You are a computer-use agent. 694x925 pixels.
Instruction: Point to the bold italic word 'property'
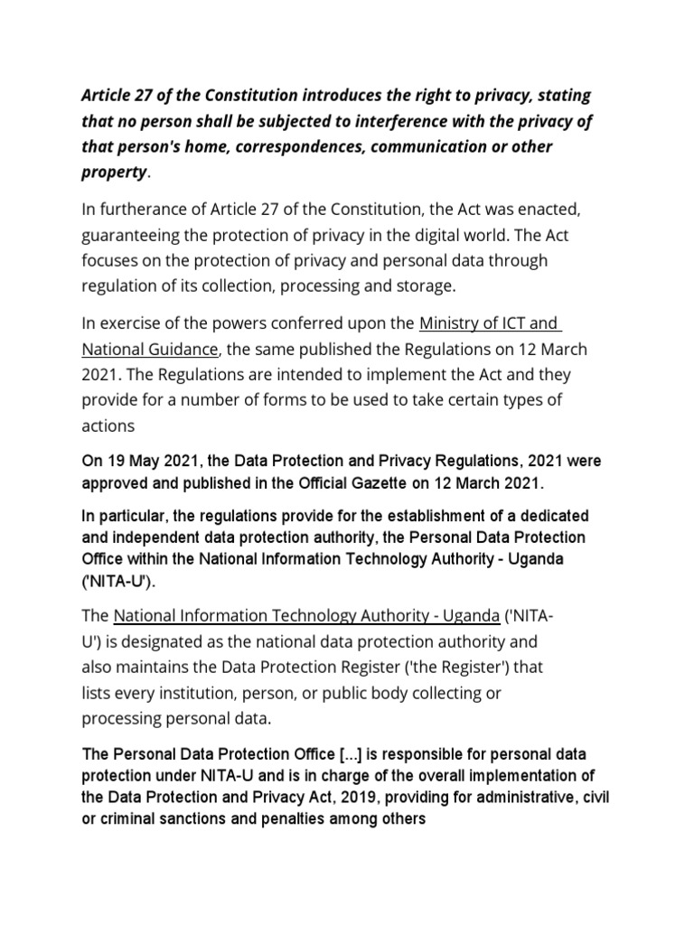(x=113, y=172)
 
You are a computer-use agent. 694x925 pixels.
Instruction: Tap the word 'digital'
(x=434, y=235)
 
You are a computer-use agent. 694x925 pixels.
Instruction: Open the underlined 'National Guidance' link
(x=149, y=349)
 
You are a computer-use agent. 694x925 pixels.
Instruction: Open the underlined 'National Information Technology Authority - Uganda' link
(x=306, y=616)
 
